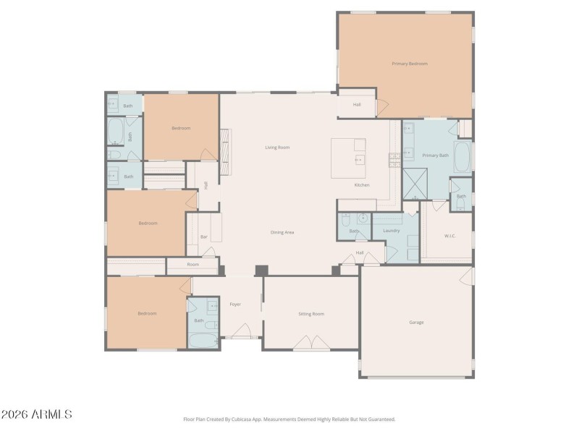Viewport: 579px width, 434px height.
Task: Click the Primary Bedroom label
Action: (410, 64)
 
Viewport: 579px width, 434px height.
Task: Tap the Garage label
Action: (416, 322)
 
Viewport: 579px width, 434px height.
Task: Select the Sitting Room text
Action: (311, 314)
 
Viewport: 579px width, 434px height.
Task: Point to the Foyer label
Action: (235, 305)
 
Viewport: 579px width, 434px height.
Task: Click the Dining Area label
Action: (282, 232)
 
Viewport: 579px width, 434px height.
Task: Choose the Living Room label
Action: (276, 148)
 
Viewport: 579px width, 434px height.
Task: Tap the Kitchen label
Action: (362, 185)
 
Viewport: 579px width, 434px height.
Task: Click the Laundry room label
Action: (392, 231)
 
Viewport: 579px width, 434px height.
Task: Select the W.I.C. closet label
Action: (449, 236)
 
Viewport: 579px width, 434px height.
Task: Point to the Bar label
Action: (204, 237)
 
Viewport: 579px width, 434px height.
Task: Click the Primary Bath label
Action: (436, 156)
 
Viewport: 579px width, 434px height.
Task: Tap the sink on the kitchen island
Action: (358, 159)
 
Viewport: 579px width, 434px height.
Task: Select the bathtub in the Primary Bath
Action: (463, 156)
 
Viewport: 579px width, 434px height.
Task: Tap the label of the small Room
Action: (193, 265)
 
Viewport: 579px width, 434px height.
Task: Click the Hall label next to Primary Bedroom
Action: (357, 105)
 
